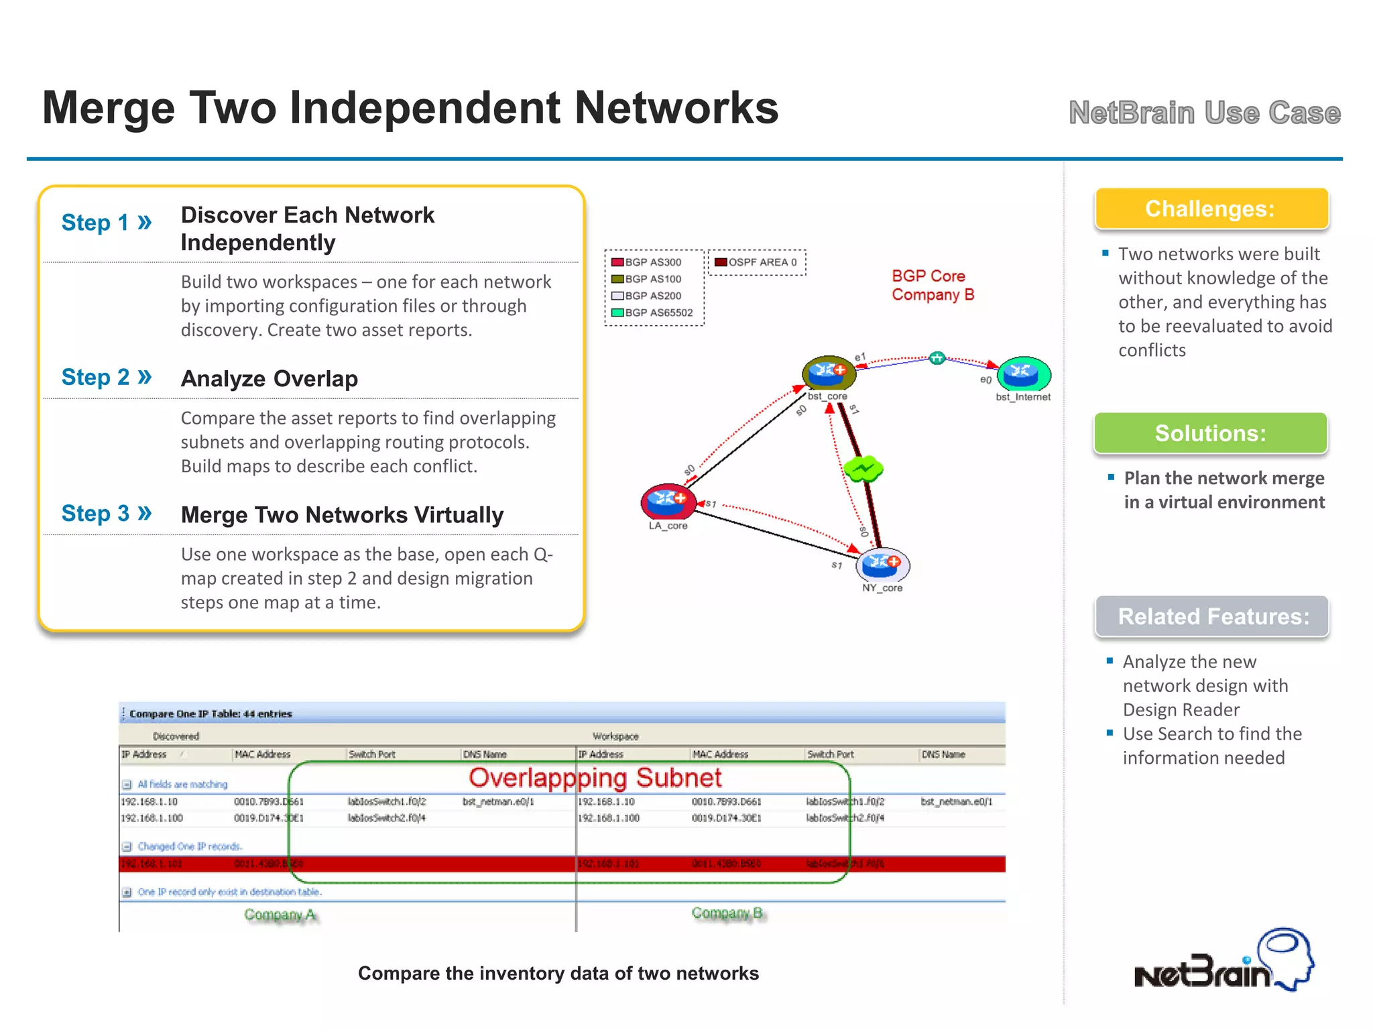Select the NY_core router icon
[x=882, y=565]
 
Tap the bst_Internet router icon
[x=1023, y=374]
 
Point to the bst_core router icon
[x=829, y=372]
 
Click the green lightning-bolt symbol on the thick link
[x=863, y=469]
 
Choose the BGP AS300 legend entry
[x=647, y=262]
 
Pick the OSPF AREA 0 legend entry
[x=756, y=262]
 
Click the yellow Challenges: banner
[x=1211, y=209]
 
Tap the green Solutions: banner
[x=1210, y=433]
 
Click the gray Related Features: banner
[x=1212, y=616]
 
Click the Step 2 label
[x=107, y=377]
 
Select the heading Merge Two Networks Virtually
[x=342, y=514]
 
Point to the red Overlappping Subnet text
[x=595, y=778]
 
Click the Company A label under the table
[x=280, y=915]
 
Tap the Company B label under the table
[x=727, y=913]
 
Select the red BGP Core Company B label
[x=932, y=285]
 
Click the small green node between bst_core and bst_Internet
[x=937, y=357]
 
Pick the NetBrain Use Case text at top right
[x=1204, y=113]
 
